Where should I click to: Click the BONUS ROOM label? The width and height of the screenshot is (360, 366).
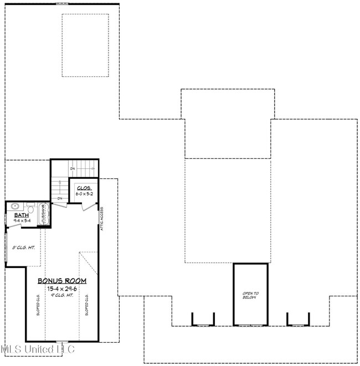(x=61, y=281)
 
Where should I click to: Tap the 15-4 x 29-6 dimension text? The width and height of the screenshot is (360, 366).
(x=61, y=288)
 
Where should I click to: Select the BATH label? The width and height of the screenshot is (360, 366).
(x=21, y=215)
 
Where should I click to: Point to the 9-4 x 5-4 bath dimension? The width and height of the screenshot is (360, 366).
(x=22, y=220)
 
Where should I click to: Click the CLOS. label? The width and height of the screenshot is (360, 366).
(x=83, y=189)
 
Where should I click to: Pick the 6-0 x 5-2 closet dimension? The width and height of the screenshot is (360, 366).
(x=83, y=194)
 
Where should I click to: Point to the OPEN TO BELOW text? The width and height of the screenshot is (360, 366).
(x=250, y=295)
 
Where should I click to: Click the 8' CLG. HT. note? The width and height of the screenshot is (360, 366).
(x=23, y=248)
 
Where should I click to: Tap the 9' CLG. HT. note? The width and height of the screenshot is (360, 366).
(x=61, y=295)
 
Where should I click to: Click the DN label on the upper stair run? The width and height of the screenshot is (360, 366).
(x=72, y=168)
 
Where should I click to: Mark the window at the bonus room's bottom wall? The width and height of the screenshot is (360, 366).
(x=61, y=341)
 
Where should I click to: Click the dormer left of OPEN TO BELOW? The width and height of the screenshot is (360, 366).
(x=202, y=319)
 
